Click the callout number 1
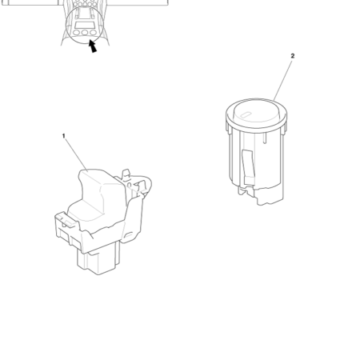[63, 136]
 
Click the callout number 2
[293, 56]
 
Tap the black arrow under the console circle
[93, 46]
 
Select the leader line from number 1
[76, 154]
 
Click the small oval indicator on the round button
[245, 115]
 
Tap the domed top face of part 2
[256, 111]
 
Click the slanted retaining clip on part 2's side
[248, 167]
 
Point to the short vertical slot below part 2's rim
[264, 139]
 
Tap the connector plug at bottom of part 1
[98, 259]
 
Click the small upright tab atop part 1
[126, 174]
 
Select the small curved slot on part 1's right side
[129, 234]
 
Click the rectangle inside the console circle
[84, 26]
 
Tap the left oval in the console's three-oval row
[77, 33]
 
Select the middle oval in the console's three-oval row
[85, 33]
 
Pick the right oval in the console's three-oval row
[93, 33]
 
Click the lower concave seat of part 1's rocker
[86, 210]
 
